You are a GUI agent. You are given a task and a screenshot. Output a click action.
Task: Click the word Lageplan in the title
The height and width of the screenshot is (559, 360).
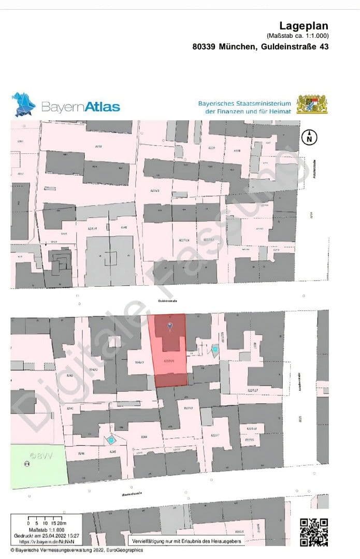304,26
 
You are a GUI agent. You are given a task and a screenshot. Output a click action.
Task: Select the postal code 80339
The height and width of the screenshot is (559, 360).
204,47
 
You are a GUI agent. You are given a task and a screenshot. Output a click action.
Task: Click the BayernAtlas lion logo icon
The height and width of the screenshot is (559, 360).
24,105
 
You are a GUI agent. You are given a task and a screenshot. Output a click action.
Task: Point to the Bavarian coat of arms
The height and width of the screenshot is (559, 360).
312,104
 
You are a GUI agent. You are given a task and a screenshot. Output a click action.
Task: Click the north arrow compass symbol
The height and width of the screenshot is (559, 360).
309,138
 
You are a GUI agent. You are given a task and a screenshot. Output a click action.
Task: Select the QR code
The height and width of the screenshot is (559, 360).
314,532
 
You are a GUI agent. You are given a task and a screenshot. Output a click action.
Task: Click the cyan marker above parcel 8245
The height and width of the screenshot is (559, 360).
110,440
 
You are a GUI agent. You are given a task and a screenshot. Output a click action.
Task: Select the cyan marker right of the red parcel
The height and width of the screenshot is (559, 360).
215,350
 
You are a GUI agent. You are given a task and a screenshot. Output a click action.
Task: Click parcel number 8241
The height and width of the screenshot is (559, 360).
69,409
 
